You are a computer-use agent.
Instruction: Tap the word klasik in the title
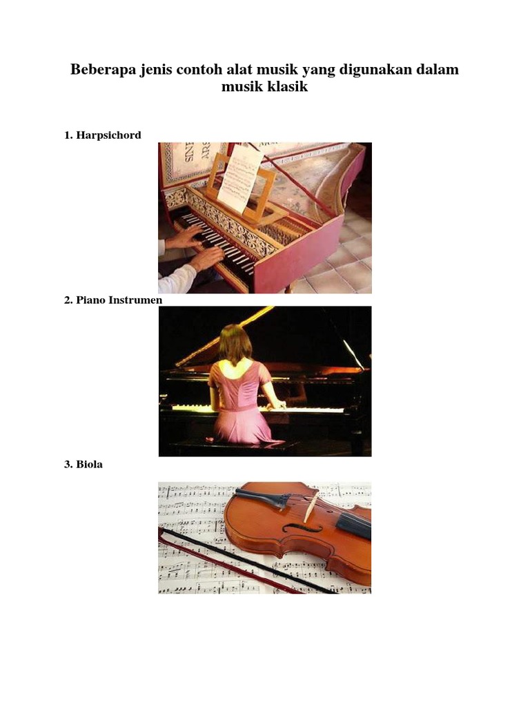pyautogui.click(x=288, y=86)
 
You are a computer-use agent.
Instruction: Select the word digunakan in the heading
pyautogui.click(x=374, y=70)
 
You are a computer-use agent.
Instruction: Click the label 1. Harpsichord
pyautogui.click(x=103, y=135)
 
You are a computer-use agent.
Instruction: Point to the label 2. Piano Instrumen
pyautogui.click(x=113, y=300)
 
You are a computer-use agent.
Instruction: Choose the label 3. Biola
pyautogui.click(x=84, y=465)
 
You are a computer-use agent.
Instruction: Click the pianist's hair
pyautogui.click(x=235, y=345)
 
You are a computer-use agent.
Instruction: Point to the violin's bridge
pyautogui.click(x=310, y=509)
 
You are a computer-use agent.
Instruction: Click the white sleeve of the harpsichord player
pyautogui.click(x=177, y=280)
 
